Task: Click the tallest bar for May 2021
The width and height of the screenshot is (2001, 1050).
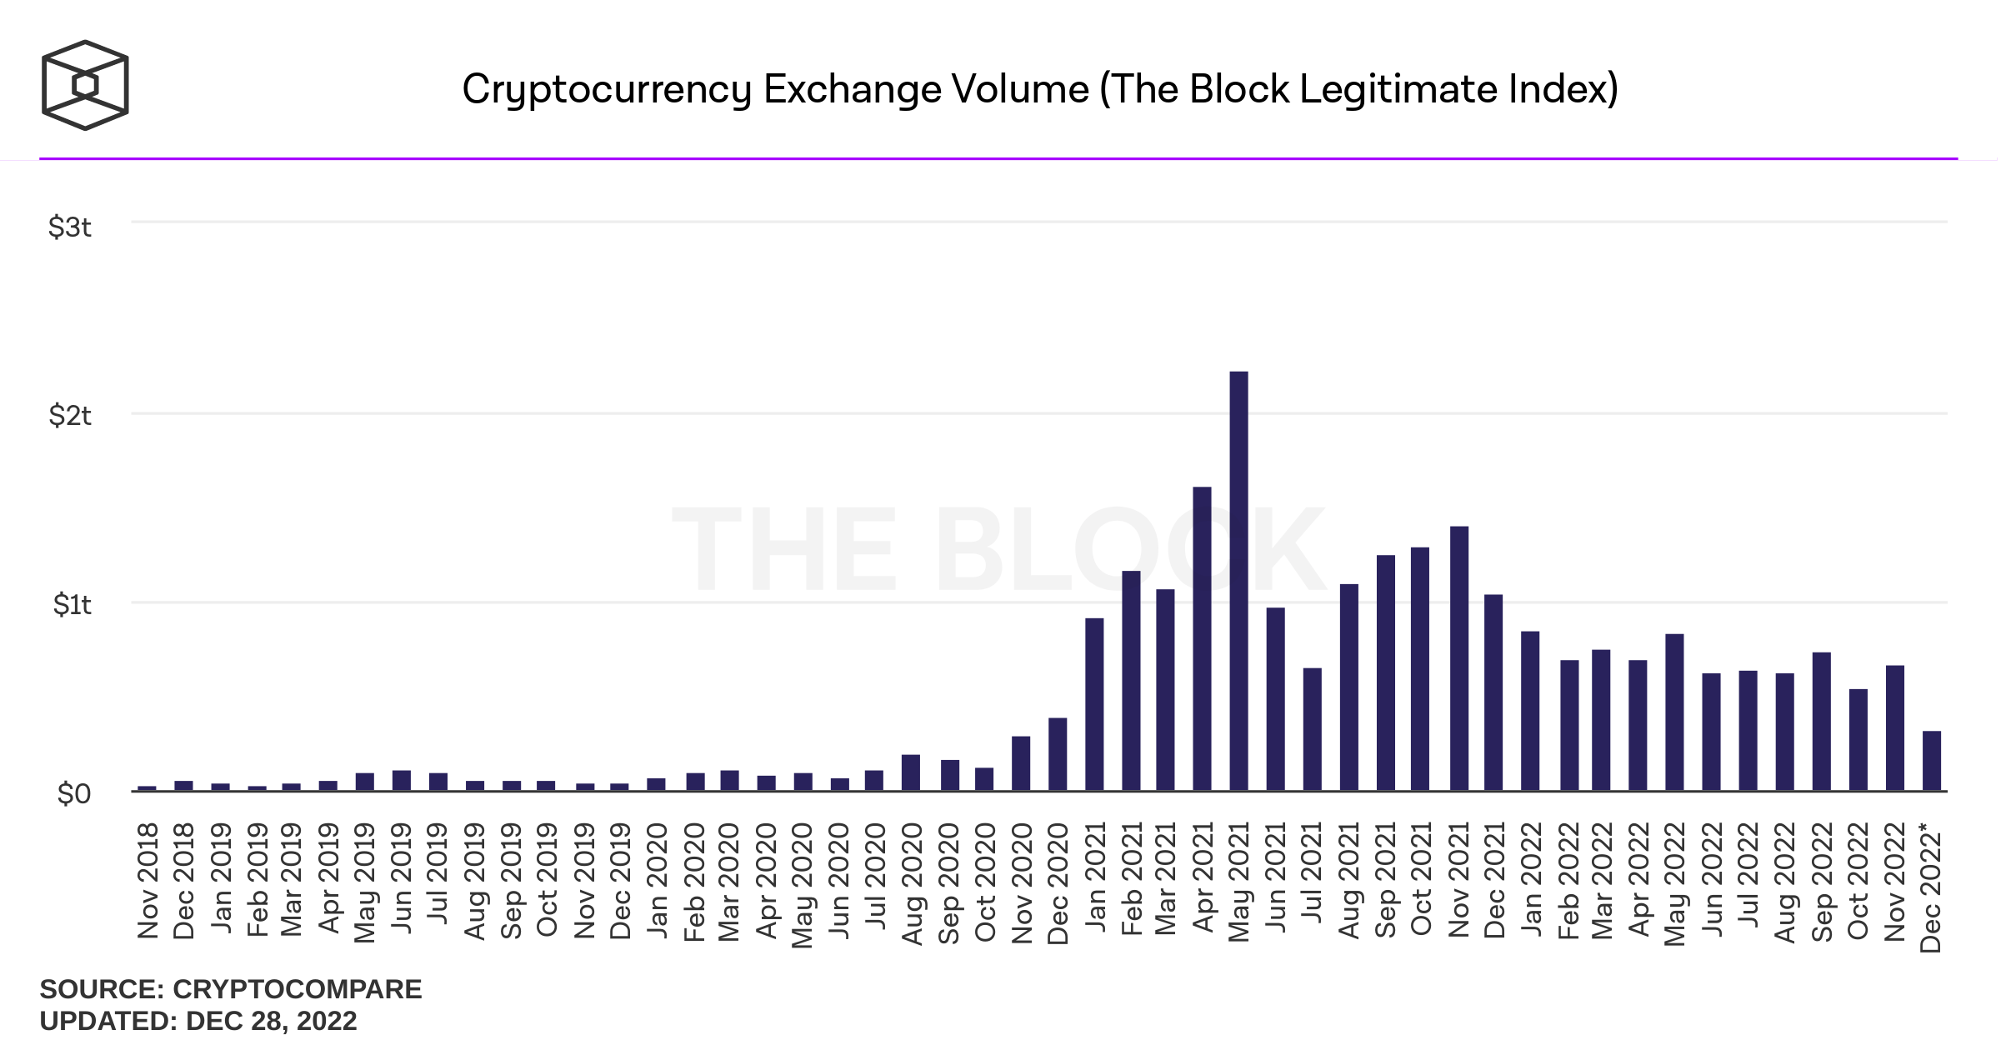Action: [1238, 583]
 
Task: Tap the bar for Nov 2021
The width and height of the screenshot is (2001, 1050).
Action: [1458, 658]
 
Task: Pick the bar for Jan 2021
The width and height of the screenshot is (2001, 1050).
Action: [1094, 705]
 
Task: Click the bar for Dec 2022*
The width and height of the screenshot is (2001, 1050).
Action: [1932, 762]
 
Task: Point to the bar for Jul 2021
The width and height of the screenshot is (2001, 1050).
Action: [1312, 730]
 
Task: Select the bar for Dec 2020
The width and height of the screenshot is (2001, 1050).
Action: [1058, 755]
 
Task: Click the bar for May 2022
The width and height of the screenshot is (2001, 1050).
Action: [1674, 713]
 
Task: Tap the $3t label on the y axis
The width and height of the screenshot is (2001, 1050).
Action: [70, 227]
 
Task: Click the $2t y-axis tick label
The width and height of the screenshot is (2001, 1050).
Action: [70, 415]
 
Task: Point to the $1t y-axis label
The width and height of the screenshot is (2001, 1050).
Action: [72, 604]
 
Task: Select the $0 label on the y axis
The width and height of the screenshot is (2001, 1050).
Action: [73, 793]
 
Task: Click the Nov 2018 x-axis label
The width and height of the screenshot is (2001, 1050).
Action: [148, 881]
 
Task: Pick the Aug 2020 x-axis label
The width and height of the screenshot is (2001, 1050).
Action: [913, 884]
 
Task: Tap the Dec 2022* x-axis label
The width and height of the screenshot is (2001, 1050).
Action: [1931, 887]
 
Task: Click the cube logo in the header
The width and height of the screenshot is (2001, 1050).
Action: [85, 85]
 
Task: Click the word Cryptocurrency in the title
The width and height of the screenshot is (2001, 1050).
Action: [607, 90]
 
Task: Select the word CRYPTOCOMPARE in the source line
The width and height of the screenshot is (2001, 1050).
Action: [297, 989]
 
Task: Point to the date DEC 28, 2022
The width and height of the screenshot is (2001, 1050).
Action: [271, 1021]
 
